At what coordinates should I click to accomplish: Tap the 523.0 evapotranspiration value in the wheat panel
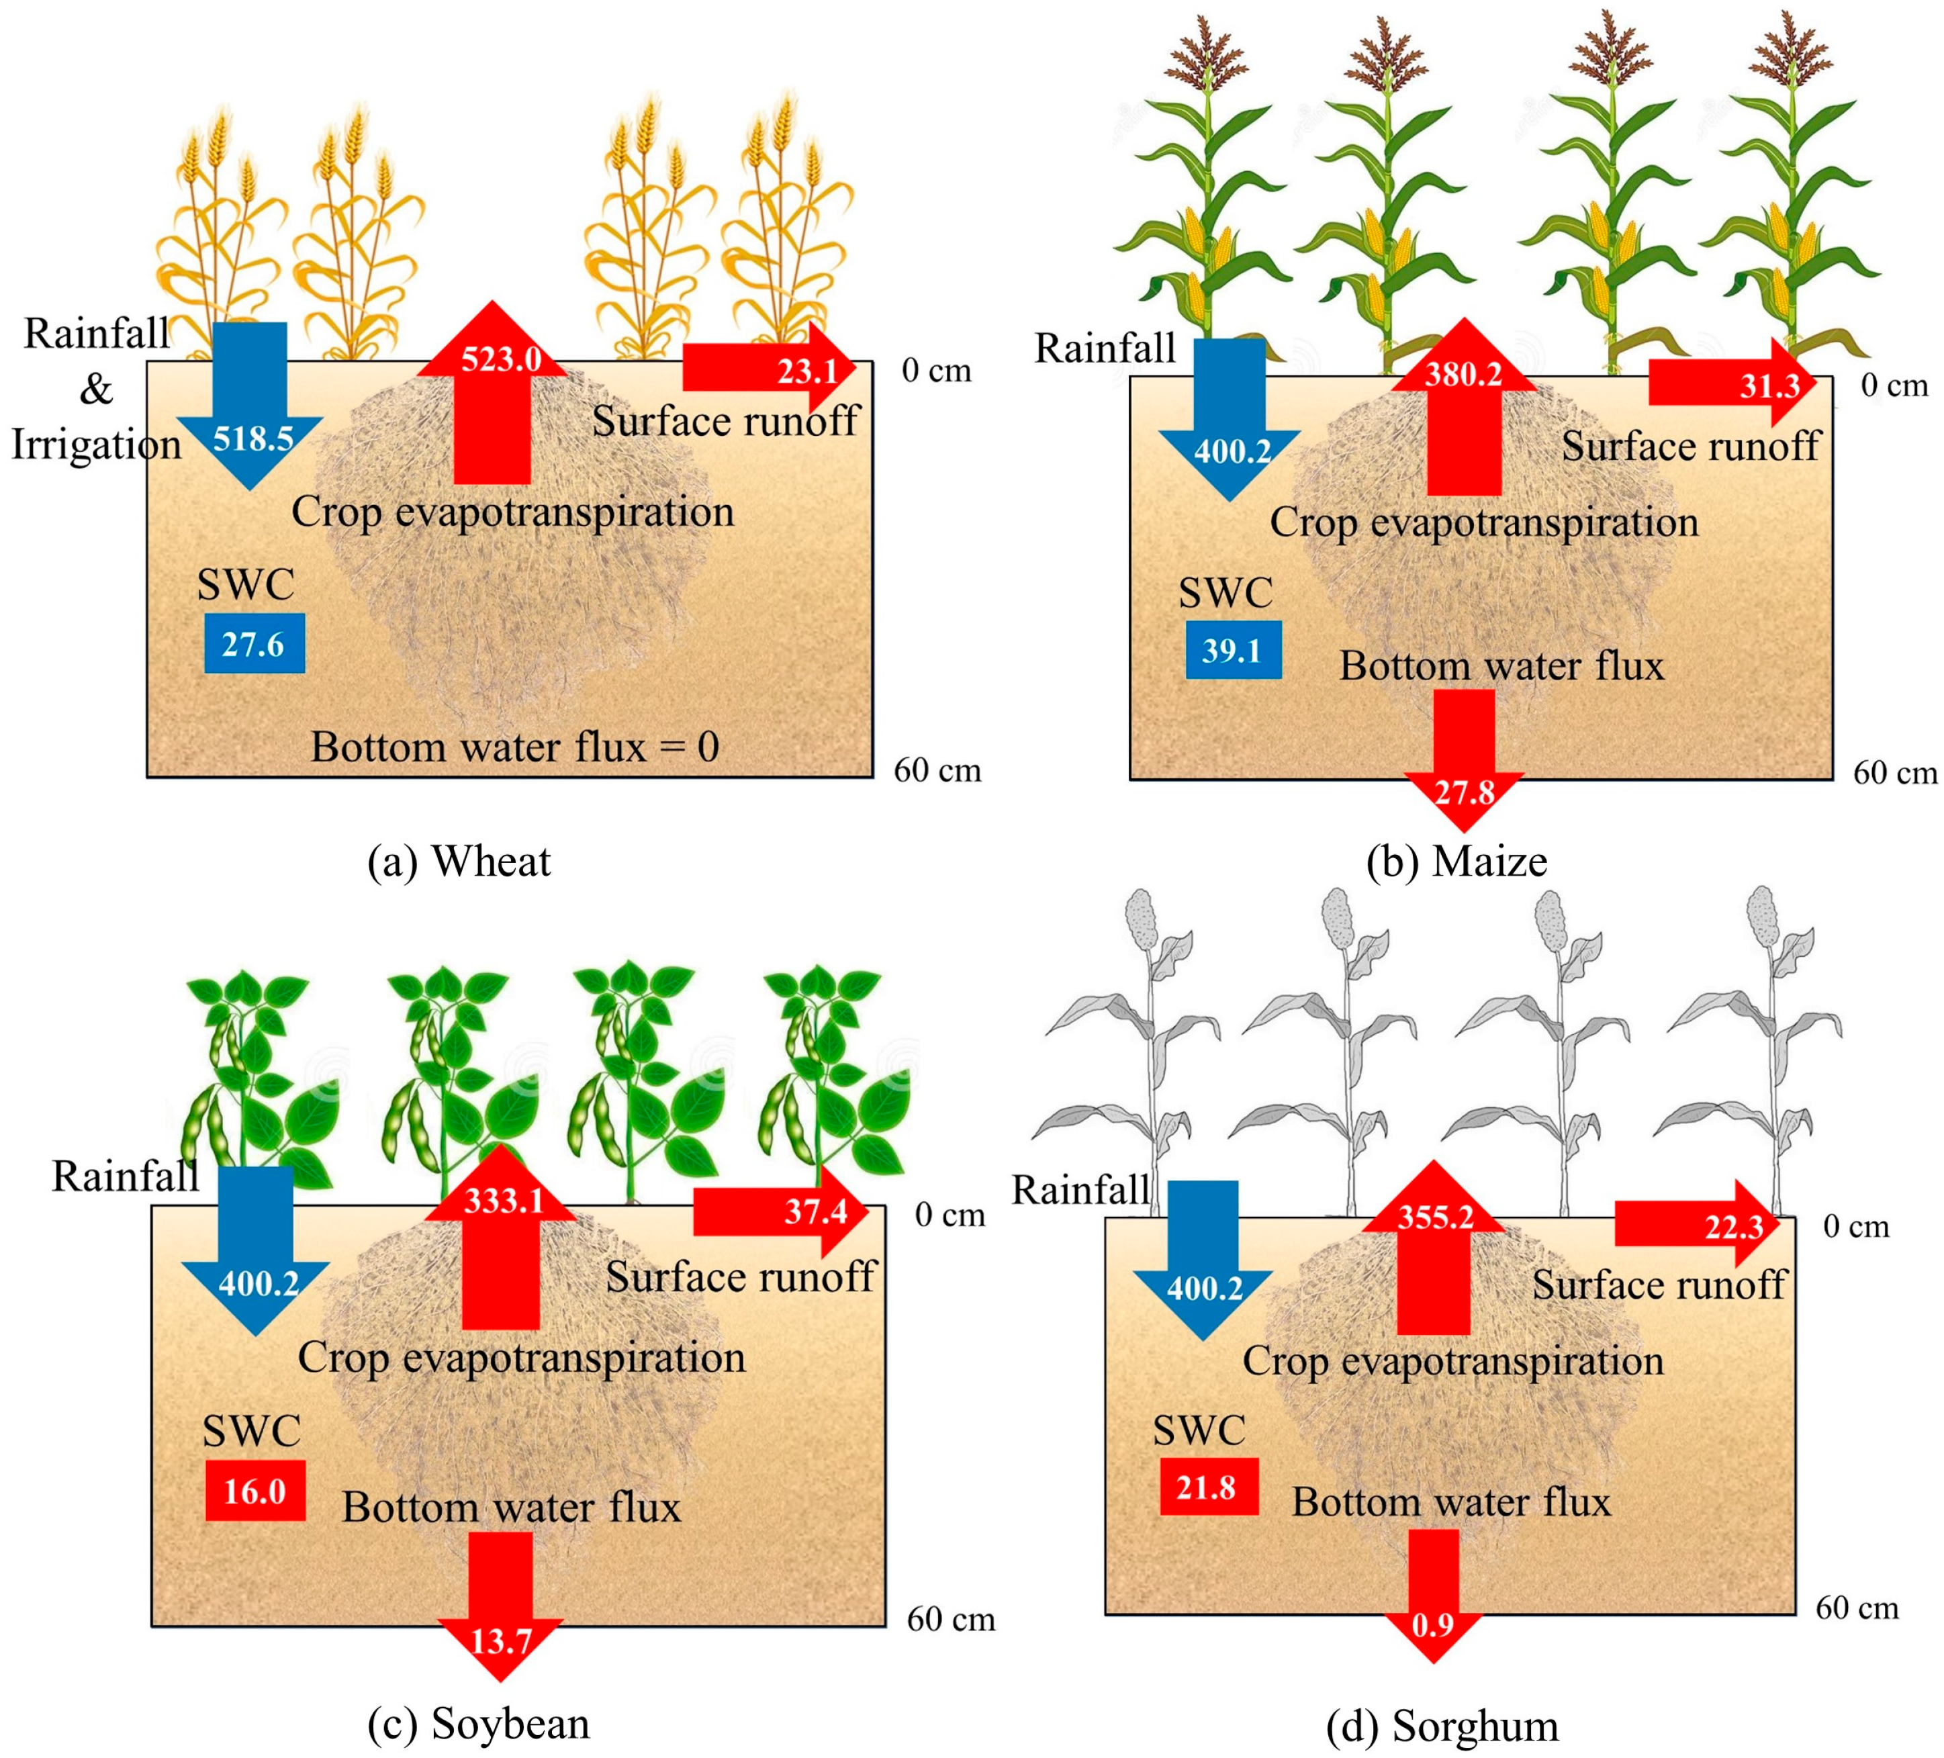point(500,360)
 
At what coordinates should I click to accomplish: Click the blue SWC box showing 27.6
point(254,643)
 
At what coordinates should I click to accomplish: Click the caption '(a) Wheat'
point(459,861)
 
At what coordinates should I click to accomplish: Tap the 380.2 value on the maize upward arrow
point(1463,374)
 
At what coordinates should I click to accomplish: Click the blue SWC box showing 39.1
point(1232,651)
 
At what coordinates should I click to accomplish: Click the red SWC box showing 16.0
point(254,1491)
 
